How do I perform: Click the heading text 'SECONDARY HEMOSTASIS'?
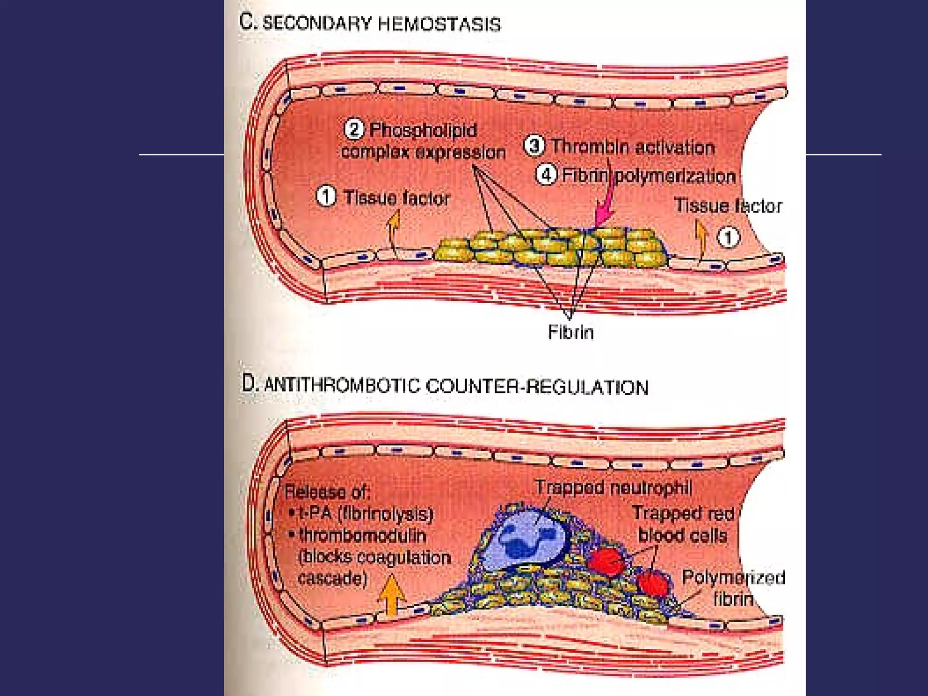(382, 24)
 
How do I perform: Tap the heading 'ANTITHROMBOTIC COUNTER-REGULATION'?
(456, 387)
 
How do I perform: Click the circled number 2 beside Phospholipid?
(354, 129)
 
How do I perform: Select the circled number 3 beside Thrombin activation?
(534, 146)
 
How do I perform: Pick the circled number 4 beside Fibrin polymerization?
(546, 175)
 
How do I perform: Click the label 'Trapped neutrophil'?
(614, 488)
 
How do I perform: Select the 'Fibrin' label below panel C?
(570, 332)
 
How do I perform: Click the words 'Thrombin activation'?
(633, 147)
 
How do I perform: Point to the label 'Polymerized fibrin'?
(733, 588)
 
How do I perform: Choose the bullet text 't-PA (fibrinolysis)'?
(366, 514)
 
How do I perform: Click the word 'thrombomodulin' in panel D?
(362, 536)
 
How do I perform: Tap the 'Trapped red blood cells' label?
(683, 524)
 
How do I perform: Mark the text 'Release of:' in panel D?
(327, 492)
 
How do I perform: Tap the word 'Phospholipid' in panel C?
(423, 130)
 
